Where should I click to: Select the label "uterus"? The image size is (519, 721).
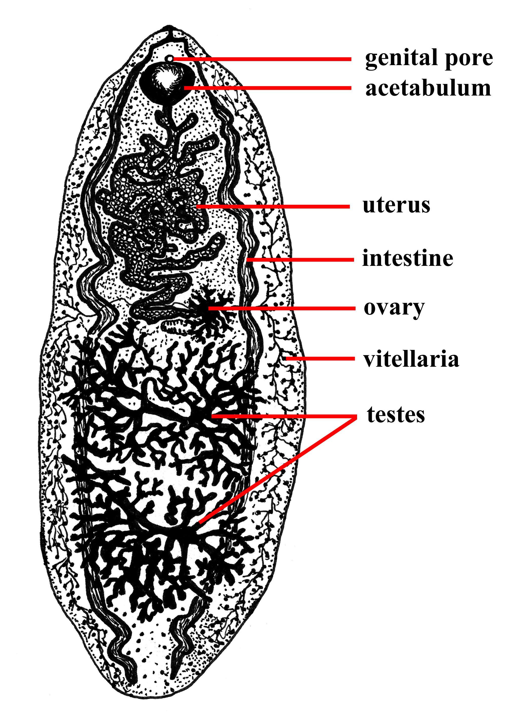coord(396,205)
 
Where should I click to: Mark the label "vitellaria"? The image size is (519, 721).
coord(411,358)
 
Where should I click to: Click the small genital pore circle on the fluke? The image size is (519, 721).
coord(171,59)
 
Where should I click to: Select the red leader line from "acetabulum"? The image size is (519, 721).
coord(268,87)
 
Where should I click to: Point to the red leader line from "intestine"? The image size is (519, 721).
coord(300,260)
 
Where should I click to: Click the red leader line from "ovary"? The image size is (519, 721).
coord(281,308)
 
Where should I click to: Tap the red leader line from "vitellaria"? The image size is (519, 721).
coord(320,359)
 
